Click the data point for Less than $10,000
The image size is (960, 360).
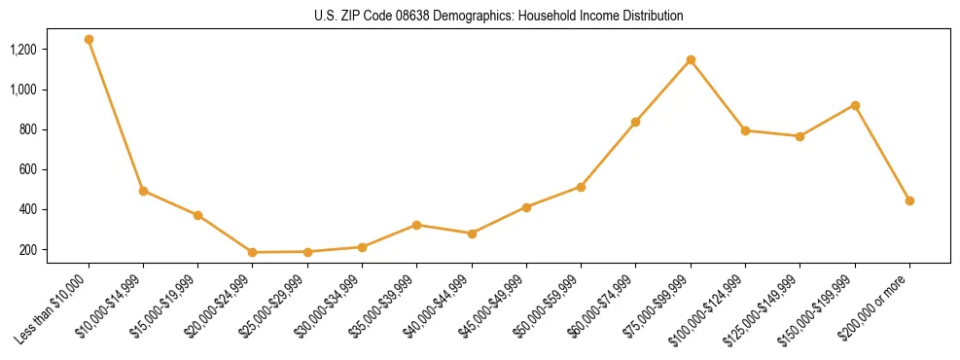point(89,40)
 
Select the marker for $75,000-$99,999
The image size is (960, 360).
point(691,60)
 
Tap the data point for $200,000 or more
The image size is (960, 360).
point(909,200)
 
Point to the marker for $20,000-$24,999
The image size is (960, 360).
point(253,252)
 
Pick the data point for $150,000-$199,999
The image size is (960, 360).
point(855,105)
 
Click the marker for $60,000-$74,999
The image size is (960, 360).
point(636,122)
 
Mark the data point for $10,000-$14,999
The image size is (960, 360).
point(143,191)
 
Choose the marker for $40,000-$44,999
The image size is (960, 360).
point(472,234)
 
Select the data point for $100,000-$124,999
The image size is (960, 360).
point(745,130)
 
